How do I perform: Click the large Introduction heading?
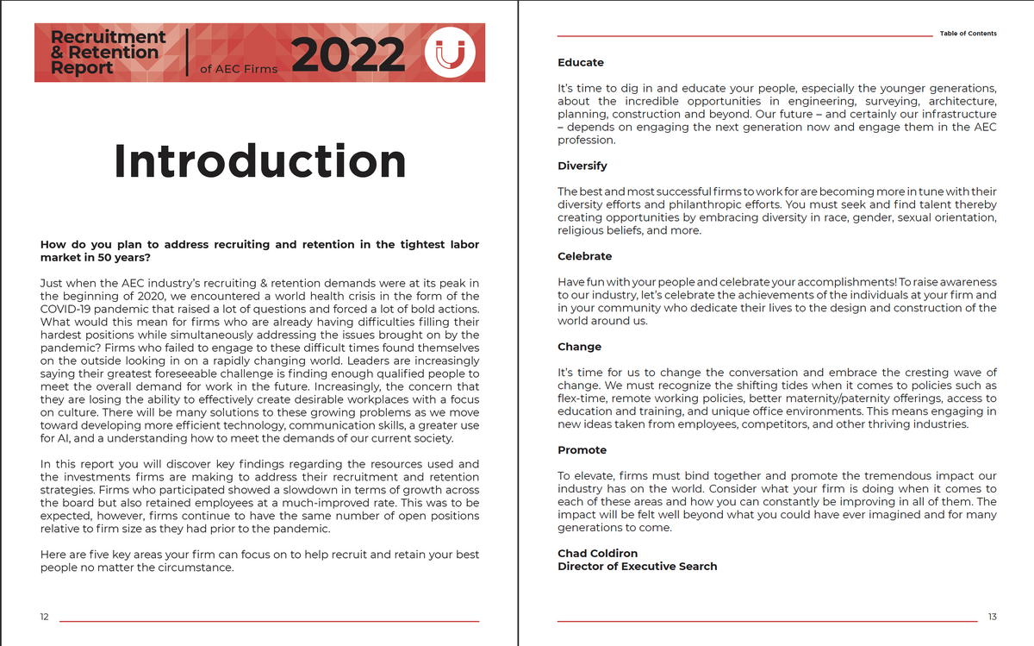click(x=259, y=160)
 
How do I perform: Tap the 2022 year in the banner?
click(x=350, y=53)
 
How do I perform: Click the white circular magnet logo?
click(x=451, y=53)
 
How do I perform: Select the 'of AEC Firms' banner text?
click(x=239, y=69)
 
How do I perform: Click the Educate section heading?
click(x=581, y=63)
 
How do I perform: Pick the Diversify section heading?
click(x=582, y=166)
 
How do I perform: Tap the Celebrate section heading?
click(x=585, y=256)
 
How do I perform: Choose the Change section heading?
click(x=579, y=347)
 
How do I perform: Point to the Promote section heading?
click(x=582, y=450)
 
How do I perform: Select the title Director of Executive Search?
click(x=637, y=566)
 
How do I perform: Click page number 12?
click(x=45, y=616)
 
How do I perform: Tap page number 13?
click(x=992, y=616)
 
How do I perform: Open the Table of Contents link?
click(x=968, y=34)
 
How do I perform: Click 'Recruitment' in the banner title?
click(x=109, y=37)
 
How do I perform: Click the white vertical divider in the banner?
click(x=187, y=53)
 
